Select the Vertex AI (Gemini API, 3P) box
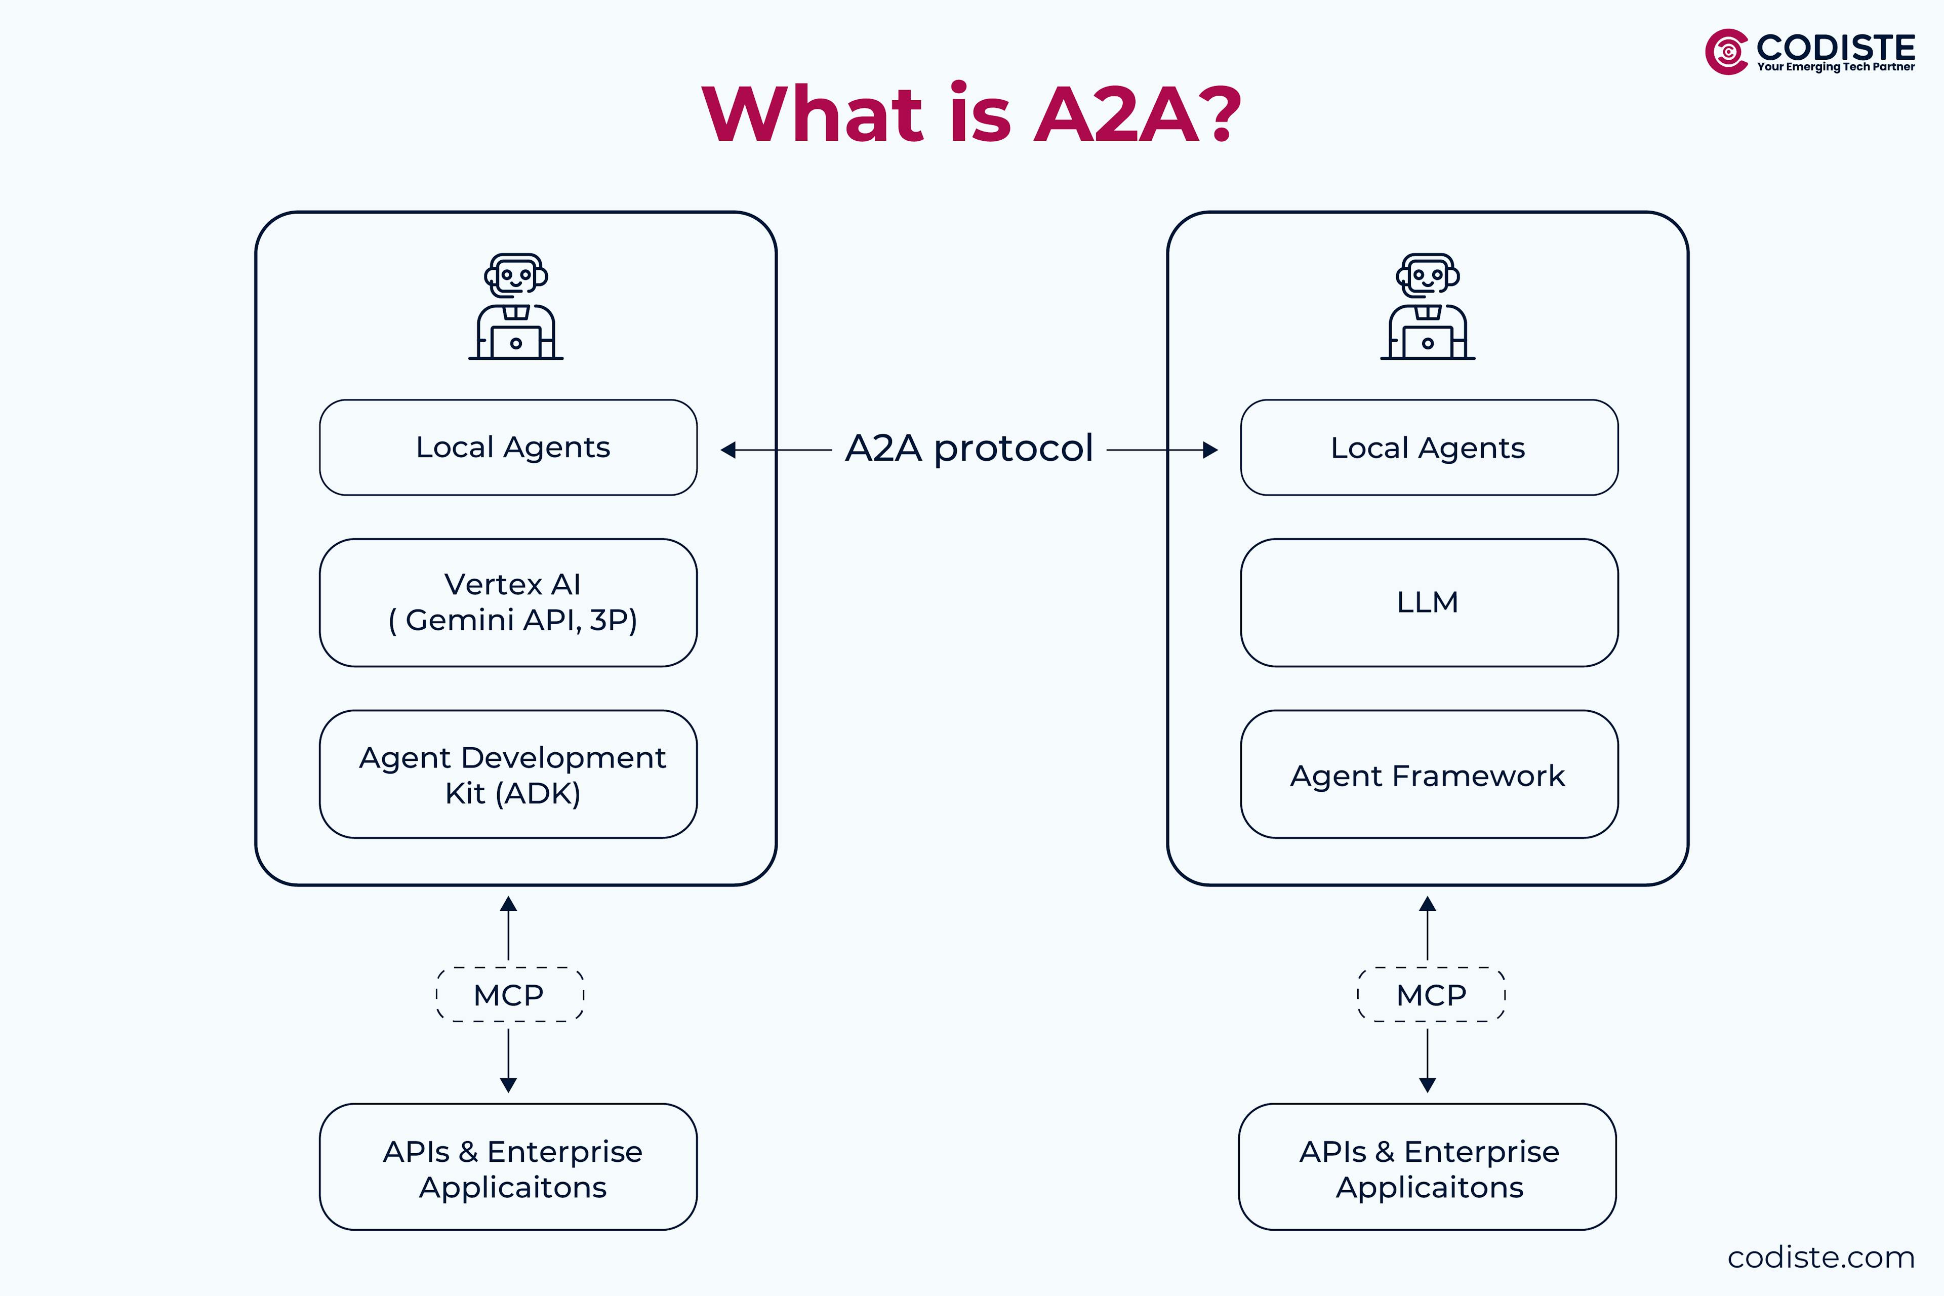(508, 602)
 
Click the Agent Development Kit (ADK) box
(508, 775)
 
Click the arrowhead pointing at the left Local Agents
(728, 450)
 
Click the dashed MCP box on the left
(509, 994)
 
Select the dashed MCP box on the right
(1431, 994)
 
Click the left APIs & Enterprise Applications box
(508, 1167)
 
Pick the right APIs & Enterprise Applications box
(1428, 1167)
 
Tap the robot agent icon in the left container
(516, 307)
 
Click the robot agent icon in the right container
(1428, 307)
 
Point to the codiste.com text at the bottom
(1821, 1257)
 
